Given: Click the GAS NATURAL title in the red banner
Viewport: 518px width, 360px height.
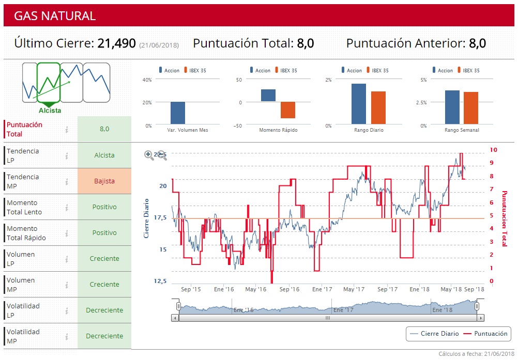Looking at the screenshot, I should click(x=55, y=16).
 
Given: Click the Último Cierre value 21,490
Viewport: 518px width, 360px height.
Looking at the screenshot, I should click(x=116, y=43).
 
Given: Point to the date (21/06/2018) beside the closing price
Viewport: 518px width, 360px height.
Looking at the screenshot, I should click(x=159, y=45).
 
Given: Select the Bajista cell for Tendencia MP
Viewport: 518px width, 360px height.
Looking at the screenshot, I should click(x=104, y=181).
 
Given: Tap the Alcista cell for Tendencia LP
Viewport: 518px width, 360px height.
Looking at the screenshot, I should click(x=104, y=155).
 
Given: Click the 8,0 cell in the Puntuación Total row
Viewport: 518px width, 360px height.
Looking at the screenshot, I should click(x=104, y=129).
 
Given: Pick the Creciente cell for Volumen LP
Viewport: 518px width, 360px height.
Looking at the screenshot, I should click(x=104, y=259).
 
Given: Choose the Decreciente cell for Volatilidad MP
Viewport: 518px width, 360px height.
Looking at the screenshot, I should click(x=104, y=336).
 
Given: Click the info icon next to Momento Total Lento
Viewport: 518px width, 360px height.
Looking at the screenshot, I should click(x=67, y=207).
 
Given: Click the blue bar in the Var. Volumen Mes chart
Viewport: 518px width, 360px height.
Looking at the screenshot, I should click(x=178, y=113).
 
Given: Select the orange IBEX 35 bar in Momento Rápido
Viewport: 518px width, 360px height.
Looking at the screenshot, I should click(x=288, y=110).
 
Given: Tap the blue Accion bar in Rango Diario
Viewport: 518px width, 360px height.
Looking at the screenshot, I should click(x=359, y=104).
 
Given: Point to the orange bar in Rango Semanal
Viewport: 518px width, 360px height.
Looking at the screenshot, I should click(x=471, y=108).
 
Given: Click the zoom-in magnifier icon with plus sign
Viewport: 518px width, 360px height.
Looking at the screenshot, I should click(x=149, y=154).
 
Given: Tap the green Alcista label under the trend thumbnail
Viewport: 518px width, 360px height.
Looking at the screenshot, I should click(x=50, y=111).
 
